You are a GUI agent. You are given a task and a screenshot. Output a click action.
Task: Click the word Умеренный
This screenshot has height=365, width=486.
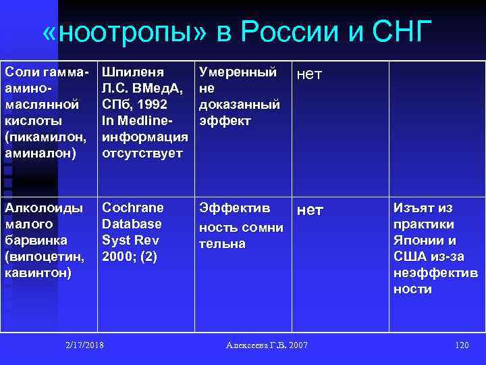[x=237, y=72]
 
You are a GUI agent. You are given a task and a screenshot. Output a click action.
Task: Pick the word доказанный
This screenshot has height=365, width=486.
[x=240, y=105]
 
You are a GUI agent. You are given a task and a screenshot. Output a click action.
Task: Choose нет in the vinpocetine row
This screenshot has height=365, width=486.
[x=310, y=210]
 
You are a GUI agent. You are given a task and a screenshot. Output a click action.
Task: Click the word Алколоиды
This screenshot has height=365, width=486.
[x=45, y=208]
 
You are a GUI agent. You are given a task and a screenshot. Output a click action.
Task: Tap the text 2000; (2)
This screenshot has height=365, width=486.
[x=129, y=256]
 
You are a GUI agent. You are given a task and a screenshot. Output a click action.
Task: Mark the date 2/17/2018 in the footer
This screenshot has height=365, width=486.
[x=85, y=345]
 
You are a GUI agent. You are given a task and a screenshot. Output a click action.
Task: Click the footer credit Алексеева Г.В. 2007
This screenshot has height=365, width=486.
[x=267, y=345]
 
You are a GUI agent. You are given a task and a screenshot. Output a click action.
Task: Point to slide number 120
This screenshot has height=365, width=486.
[x=462, y=345]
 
